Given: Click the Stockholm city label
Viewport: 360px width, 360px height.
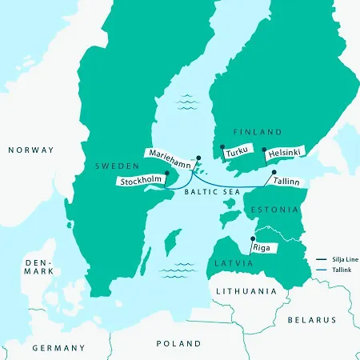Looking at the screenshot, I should (x=141, y=182).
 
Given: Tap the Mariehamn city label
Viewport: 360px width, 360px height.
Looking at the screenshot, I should (x=170, y=153).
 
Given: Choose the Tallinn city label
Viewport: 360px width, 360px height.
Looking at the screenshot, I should (x=286, y=182).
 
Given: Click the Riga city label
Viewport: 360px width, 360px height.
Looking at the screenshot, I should (x=261, y=248).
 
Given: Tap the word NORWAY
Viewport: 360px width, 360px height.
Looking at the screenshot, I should (x=30, y=150).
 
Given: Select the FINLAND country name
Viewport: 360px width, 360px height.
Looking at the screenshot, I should (x=257, y=131).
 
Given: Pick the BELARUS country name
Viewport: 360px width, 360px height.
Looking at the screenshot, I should (x=312, y=320).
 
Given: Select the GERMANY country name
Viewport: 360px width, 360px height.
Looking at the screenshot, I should (x=58, y=348).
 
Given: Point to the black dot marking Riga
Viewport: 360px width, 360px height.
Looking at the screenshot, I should (x=253, y=239).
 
